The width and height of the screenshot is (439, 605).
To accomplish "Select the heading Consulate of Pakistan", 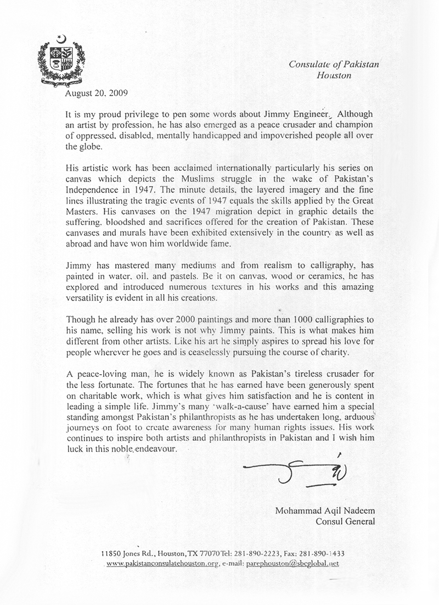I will click(334, 65).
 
